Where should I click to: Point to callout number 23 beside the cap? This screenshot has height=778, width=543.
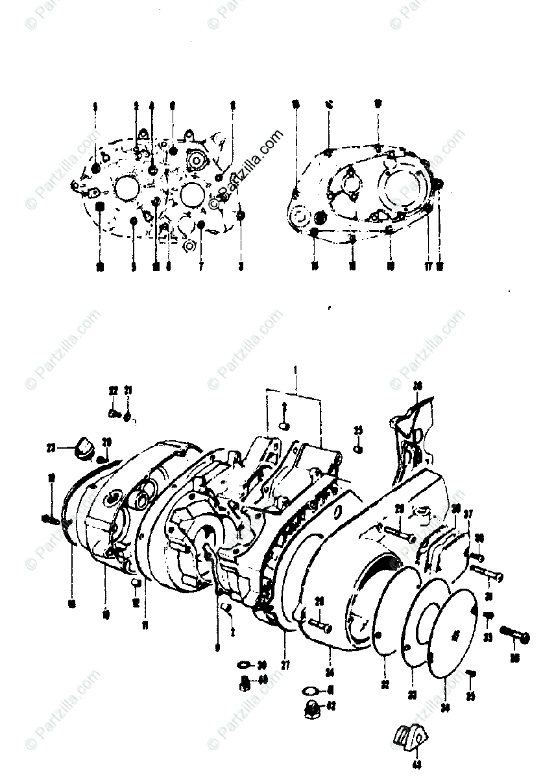[x=51, y=446]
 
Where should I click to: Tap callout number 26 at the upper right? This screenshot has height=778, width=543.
[x=417, y=387]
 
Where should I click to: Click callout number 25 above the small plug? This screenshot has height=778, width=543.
[x=358, y=431]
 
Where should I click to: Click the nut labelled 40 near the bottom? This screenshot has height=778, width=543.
[x=245, y=682]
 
